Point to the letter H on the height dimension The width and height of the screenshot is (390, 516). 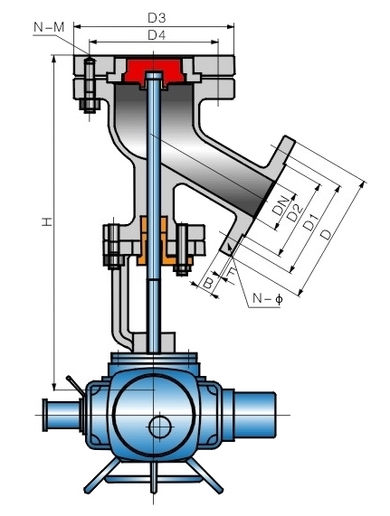coord(45,222)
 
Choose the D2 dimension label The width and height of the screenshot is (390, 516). coord(294,214)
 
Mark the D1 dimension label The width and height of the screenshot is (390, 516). coord(310,224)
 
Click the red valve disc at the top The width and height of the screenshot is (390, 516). coord(157,69)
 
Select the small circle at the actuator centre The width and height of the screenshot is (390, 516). coord(160,423)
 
